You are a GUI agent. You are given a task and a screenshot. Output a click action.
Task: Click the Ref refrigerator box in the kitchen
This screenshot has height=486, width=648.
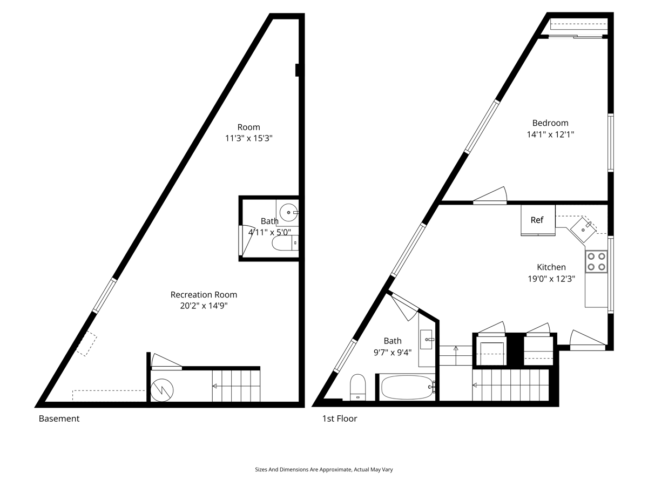coord(538,220)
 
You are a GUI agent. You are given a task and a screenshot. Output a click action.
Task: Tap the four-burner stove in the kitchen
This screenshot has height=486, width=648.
coord(596,261)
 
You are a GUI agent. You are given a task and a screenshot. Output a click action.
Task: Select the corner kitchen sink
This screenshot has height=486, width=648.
coord(583,230)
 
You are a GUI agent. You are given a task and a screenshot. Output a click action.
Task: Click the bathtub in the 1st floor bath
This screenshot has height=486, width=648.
coord(407,387)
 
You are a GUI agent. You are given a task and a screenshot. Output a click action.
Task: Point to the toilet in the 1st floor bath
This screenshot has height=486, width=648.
coord(357,387)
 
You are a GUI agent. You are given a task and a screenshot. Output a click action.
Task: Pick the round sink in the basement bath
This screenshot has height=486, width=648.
coord(289,212)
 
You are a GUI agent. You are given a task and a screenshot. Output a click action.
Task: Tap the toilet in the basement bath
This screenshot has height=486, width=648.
coord(285,244)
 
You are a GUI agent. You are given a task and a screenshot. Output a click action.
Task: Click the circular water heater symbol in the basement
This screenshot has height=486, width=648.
coord(162,390)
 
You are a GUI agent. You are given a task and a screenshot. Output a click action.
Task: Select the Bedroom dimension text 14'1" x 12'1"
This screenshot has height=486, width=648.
coord(550,134)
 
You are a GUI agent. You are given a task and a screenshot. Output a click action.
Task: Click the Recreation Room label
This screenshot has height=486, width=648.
coord(204,294)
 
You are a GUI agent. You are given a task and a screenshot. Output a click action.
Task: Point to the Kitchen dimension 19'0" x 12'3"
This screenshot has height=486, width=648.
coord(551,279)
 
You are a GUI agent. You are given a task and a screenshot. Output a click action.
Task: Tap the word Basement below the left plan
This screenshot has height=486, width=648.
coord(59,418)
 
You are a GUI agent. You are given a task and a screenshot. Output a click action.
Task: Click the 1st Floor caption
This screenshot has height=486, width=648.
coord(340,418)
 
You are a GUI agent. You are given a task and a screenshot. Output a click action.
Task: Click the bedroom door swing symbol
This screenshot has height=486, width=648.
coord(490,195)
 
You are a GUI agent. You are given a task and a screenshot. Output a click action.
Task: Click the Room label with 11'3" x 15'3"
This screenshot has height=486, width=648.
coord(248,132)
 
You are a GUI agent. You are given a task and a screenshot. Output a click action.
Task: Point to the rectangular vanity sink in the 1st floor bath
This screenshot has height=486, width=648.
coord(426,339)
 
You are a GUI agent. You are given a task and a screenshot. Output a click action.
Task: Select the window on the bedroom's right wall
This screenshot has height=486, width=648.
coord(611,143)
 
